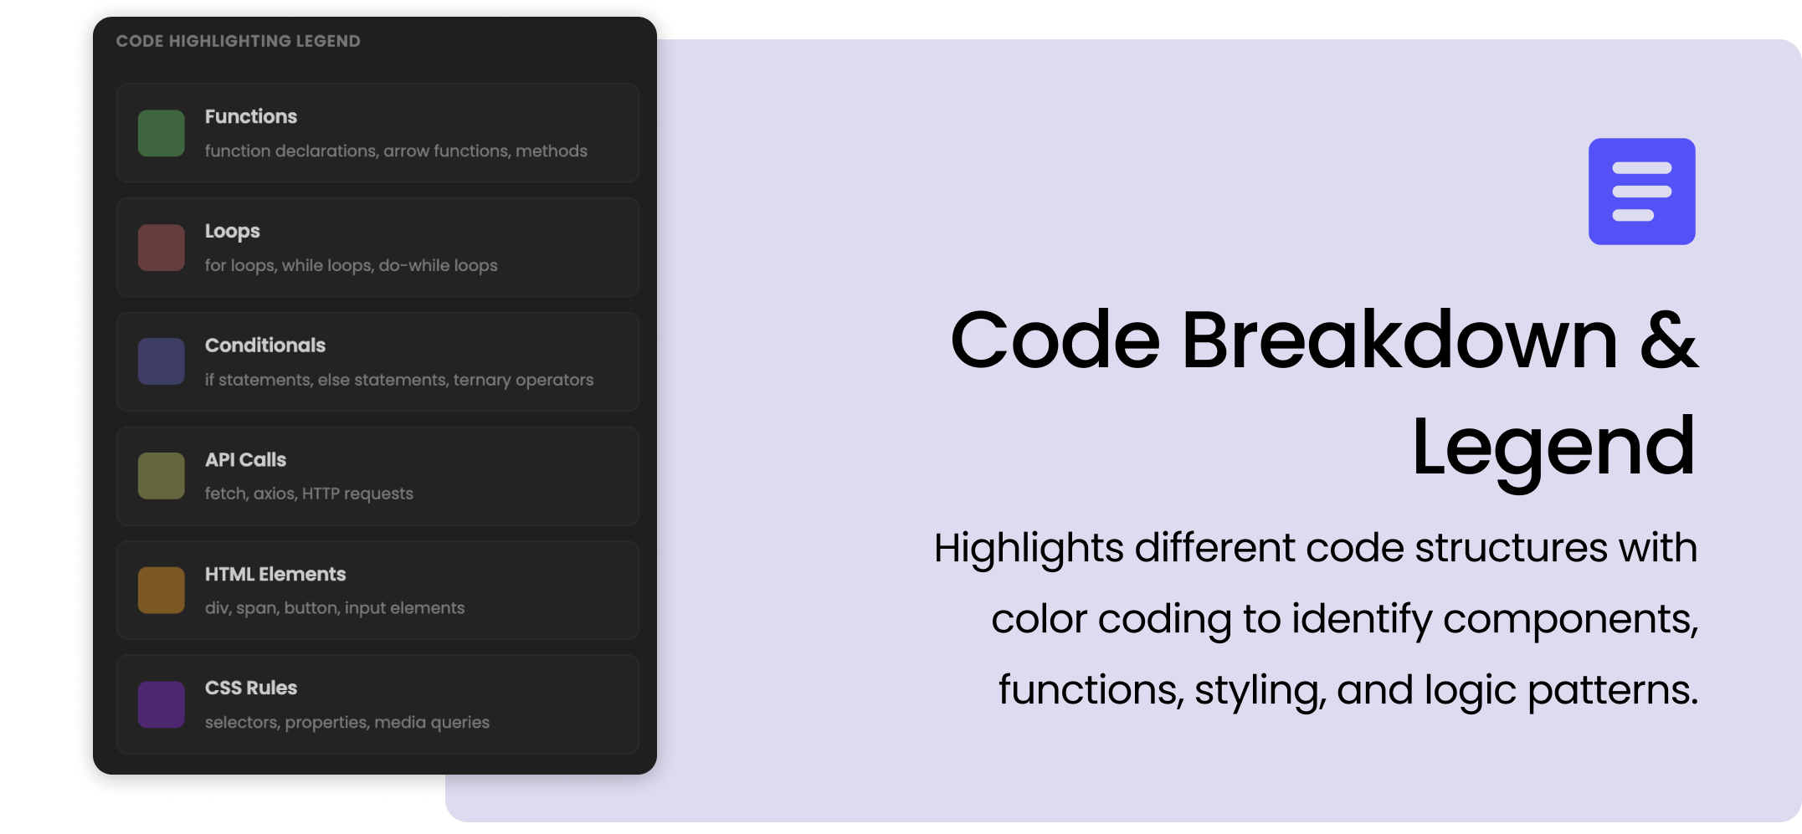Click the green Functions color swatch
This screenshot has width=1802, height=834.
click(x=162, y=133)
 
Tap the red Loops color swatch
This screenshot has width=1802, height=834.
click(x=162, y=248)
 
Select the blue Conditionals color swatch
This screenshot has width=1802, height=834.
click(x=162, y=361)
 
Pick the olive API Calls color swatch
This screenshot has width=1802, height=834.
click(x=162, y=476)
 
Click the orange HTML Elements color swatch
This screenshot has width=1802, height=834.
click(x=162, y=591)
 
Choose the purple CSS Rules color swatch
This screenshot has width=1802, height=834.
click(x=162, y=704)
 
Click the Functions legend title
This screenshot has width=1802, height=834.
click(x=251, y=116)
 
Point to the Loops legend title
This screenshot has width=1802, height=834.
click(x=233, y=231)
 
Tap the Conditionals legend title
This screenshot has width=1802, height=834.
click(x=265, y=345)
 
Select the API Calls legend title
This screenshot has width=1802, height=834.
click(x=245, y=460)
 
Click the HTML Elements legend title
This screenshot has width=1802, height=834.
click(x=275, y=575)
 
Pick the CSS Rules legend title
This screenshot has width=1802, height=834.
click(x=251, y=688)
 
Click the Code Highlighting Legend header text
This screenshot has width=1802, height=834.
click(x=239, y=41)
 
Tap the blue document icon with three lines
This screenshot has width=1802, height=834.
click(x=1641, y=192)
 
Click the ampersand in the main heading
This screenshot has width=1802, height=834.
click(x=1668, y=340)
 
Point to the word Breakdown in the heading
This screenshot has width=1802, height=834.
click(x=1399, y=340)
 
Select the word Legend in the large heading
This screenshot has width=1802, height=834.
click(x=1553, y=448)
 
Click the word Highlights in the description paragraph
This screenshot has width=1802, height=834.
click(x=1029, y=549)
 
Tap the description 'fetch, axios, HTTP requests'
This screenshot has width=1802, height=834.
click(x=309, y=494)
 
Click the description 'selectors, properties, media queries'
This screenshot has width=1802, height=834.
click(x=347, y=722)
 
